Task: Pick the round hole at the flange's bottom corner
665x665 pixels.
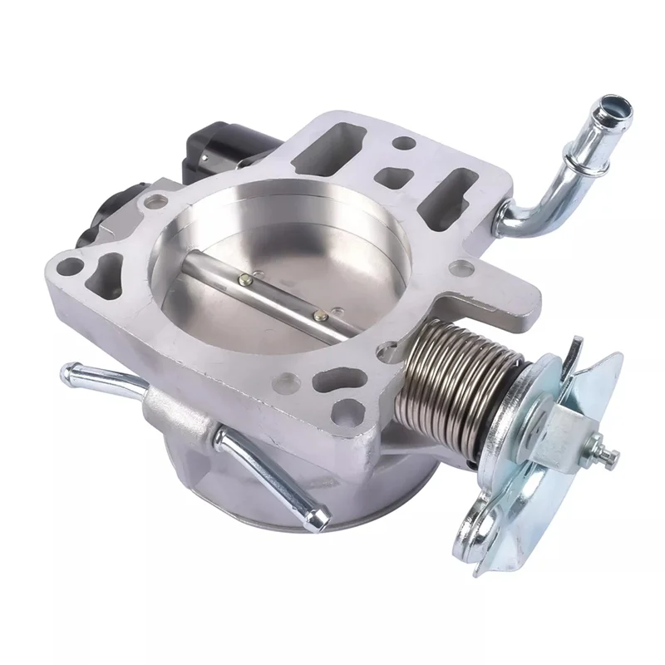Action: click(346, 411)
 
